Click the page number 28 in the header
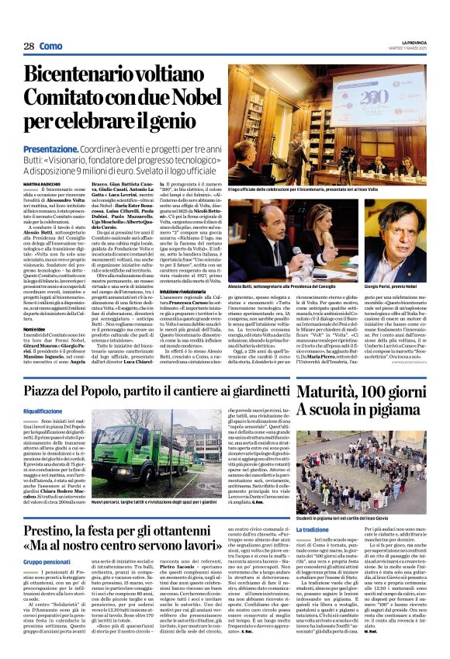(28, 47)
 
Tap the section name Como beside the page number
(50, 47)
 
